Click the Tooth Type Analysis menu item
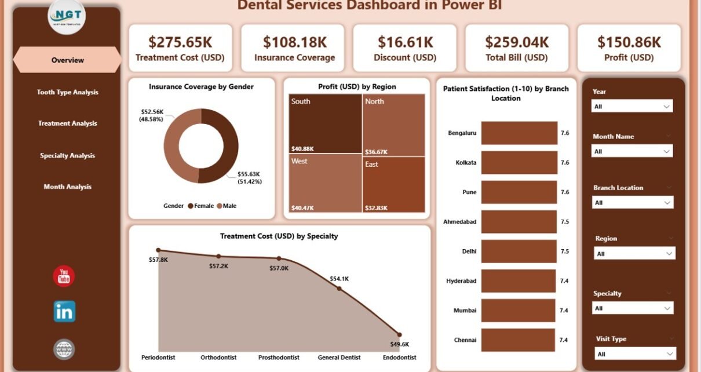(x=67, y=92)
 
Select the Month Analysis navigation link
(x=67, y=187)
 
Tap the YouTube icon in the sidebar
(x=64, y=276)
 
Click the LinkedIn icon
(x=64, y=312)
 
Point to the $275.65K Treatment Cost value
(x=180, y=42)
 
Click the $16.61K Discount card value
(x=405, y=42)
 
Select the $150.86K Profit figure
(x=629, y=42)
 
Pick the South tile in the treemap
(x=325, y=123)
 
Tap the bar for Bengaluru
(x=519, y=133)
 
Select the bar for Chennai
(x=519, y=340)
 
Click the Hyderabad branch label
(x=461, y=281)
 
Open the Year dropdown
(x=631, y=107)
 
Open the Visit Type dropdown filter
(x=635, y=354)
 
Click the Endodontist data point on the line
(x=399, y=334)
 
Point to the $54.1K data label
(x=339, y=279)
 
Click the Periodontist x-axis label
(x=158, y=358)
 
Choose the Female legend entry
(x=200, y=206)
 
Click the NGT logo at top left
(x=67, y=16)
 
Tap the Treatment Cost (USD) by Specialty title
(x=279, y=236)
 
